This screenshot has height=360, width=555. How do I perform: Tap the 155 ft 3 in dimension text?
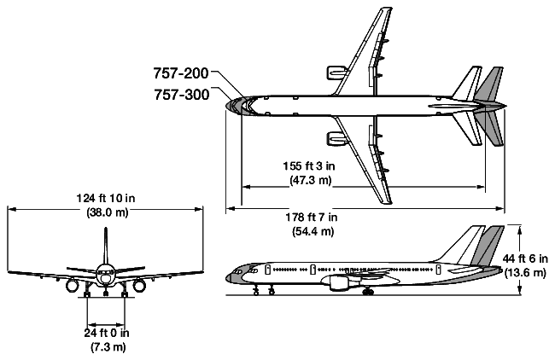(308, 167)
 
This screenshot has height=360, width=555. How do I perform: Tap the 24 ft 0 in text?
(106, 333)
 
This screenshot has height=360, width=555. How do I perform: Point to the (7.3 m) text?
(106, 346)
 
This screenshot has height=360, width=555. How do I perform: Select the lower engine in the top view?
(332, 138)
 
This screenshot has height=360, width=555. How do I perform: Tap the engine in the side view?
(334, 280)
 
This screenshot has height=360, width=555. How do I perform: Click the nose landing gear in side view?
(256, 291)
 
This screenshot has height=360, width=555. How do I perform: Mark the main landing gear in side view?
(368, 292)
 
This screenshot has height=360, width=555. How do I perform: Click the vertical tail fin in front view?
(105, 247)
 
